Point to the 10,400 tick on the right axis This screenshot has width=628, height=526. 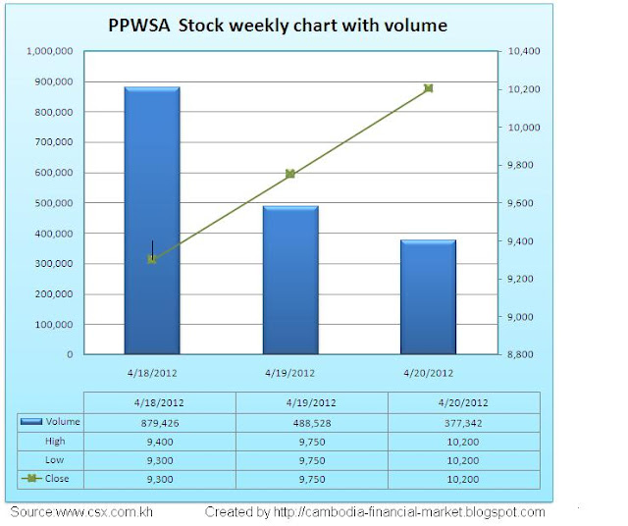pyautogui.click(x=527, y=51)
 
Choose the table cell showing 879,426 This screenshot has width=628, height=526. pyautogui.click(x=160, y=422)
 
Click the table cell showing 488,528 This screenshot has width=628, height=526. pyautogui.click(x=312, y=422)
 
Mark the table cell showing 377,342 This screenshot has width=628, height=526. pyautogui.click(x=464, y=422)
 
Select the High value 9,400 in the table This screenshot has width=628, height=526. pyautogui.click(x=160, y=442)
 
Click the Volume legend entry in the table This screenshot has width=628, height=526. pyautogui.click(x=49, y=422)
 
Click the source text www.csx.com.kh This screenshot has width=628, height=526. pyautogui.click(x=81, y=512)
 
